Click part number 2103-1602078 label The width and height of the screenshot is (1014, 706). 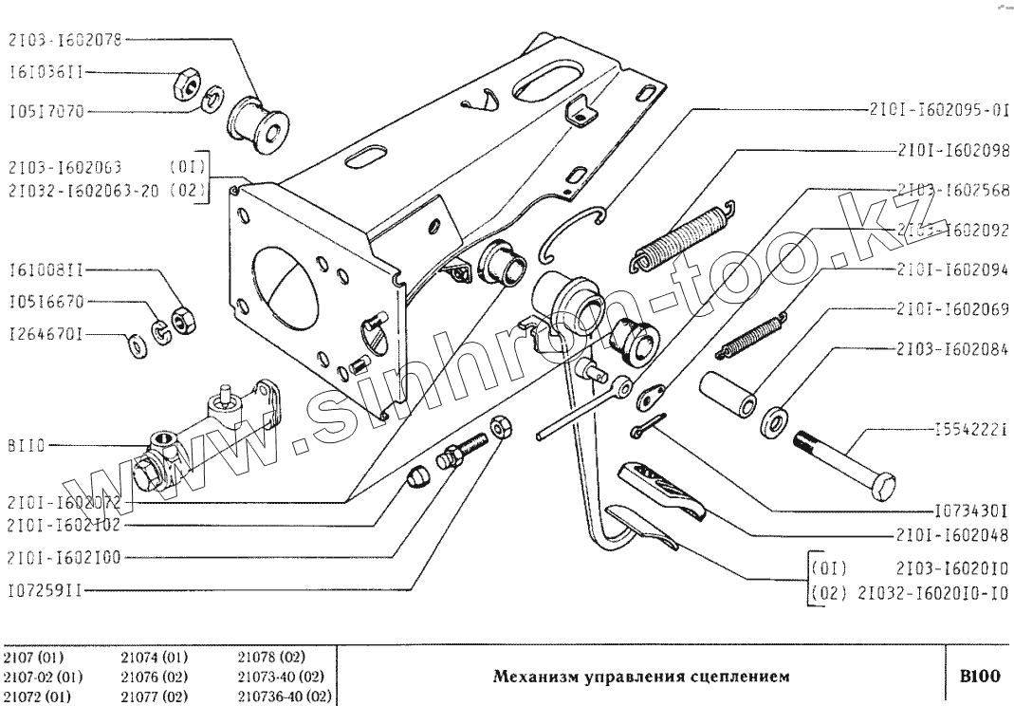(x=65, y=40)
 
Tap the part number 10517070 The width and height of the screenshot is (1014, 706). (x=48, y=112)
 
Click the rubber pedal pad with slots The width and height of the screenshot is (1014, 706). (x=665, y=490)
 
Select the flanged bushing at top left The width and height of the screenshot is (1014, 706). (x=258, y=123)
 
